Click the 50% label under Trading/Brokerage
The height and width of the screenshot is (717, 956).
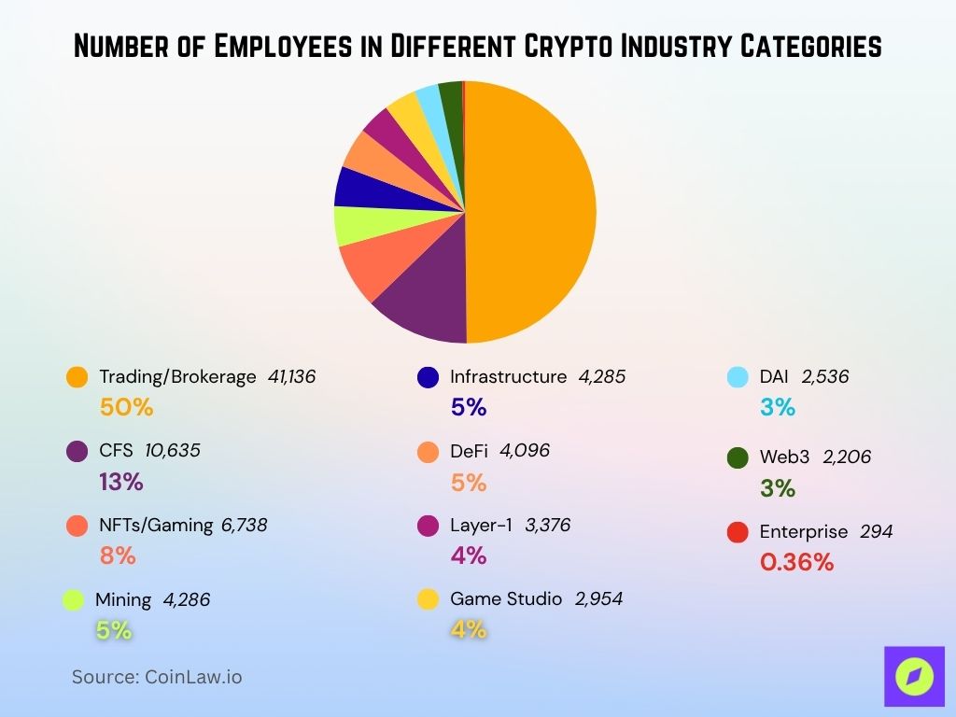(125, 408)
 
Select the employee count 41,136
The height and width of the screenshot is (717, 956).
(290, 377)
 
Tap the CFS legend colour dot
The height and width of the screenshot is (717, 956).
(77, 452)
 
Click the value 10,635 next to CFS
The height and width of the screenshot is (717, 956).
(173, 451)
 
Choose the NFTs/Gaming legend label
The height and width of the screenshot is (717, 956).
(156, 525)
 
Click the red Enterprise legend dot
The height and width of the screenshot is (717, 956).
(738, 532)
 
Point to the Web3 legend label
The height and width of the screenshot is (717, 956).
(784, 457)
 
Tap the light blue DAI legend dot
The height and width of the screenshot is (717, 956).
(738, 377)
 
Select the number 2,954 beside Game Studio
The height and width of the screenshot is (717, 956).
(598, 598)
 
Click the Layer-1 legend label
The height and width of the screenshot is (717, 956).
(481, 525)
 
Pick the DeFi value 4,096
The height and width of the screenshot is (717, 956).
(524, 451)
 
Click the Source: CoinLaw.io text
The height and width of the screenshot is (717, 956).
(157, 677)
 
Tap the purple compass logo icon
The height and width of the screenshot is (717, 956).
(913, 676)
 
